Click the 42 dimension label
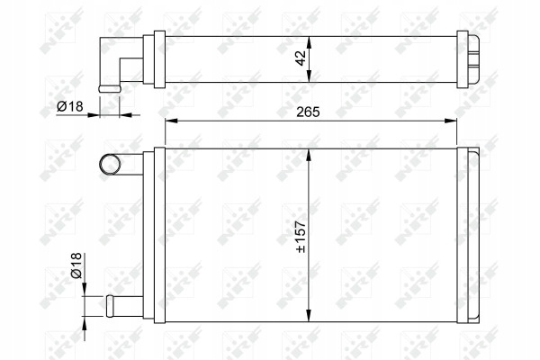pos(301,58)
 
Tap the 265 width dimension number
pos(308,112)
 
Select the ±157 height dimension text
pos(301,237)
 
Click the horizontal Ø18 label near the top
pos(70,107)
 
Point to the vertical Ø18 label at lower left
pos(76,265)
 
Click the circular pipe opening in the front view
pos(110,164)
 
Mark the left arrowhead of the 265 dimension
pos(171,121)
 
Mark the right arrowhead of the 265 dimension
pos(451,121)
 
